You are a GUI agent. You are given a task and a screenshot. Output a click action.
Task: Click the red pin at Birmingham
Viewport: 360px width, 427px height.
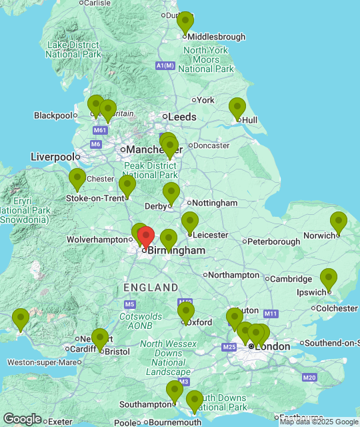pyautogui.click(x=146, y=238)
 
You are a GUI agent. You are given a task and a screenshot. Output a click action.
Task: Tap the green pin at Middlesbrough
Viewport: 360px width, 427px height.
pyautogui.click(x=185, y=22)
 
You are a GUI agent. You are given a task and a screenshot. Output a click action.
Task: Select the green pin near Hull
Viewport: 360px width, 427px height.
pyautogui.click(x=237, y=108)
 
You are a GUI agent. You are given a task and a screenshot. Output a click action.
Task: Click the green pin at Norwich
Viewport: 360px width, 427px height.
pyautogui.click(x=339, y=222)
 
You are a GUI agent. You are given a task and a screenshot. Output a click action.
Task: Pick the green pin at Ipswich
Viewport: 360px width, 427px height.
pyautogui.click(x=329, y=279)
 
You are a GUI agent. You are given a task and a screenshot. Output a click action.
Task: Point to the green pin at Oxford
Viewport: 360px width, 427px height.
pyautogui.click(x=186, y=312)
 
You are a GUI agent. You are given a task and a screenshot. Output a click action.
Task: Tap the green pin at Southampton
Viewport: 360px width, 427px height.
pyautogui.click(x=175, y=390)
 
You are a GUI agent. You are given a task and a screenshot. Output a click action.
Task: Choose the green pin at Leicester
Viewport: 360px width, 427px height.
pyautogui.click(x=190, y=222)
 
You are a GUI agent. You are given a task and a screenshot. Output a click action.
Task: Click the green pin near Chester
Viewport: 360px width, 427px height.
pyautogui.click(x=77, y=179)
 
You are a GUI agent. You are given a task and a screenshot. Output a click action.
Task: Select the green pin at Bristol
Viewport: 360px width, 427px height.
pyautogui.click(x=100, y=340)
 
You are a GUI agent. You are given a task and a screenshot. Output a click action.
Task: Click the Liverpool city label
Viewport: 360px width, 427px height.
pyautogui.click(x=52, y=157)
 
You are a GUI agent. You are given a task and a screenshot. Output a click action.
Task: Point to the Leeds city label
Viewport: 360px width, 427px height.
pyautogui.click(x=182, y=117)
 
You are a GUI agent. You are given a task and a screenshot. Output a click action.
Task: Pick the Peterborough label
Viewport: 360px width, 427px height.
pyautogui.click(x=274, y=242)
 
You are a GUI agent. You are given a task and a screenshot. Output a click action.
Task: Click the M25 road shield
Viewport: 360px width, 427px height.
pyautogui.click(x=229, y=347)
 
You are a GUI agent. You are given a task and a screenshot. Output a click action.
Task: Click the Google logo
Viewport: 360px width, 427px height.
pyautogui.click(x=22, y=418)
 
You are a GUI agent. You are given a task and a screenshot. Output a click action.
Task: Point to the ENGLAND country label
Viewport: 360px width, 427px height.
pyautogui.click(x=151, y=288)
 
